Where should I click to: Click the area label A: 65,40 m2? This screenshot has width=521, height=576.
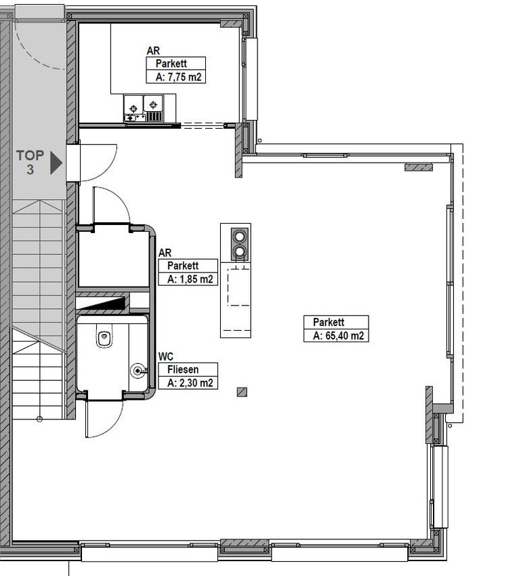point(338,335)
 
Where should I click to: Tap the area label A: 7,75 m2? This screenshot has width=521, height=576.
point(178,77)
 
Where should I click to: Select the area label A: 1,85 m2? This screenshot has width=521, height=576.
point(190,279)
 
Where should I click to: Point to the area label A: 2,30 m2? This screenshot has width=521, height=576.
point(190,383)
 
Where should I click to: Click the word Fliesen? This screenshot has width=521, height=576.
point(183,369)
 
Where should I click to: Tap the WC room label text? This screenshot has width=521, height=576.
point(165,356)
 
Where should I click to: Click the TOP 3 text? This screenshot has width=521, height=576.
point(30,162)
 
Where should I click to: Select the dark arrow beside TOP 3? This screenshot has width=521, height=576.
point(56,163)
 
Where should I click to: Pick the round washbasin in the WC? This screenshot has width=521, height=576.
point(138,371)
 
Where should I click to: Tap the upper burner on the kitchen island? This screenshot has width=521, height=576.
point(239,236)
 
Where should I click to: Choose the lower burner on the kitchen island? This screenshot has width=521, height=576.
point(239,251)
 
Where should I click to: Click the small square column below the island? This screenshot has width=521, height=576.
point(242,392)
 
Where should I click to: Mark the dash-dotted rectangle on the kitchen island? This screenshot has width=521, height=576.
point(238,287)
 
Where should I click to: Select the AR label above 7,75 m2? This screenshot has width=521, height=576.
point(153,51)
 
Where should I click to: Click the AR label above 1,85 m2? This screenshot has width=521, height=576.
point(165,253)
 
